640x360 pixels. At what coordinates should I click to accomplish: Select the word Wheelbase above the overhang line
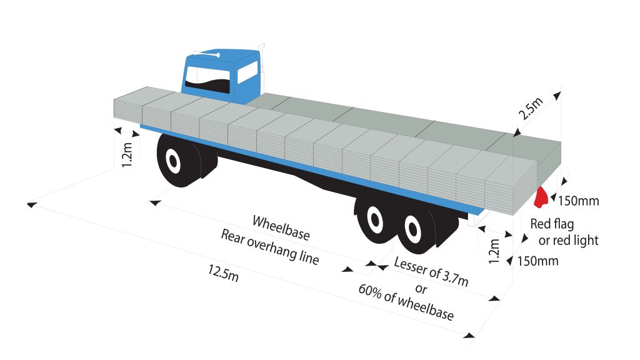tap(281, 227)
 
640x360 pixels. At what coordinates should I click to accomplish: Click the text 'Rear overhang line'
tap(269, 247)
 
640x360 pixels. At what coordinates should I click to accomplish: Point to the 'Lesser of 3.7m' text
tap(431, 271)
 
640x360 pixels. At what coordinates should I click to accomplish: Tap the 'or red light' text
tap(568, 240)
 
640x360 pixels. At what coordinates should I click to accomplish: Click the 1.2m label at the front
tap(127, 155)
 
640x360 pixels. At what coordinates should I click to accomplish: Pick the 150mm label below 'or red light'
tap(536, 261)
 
